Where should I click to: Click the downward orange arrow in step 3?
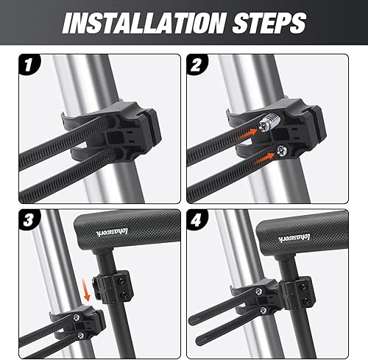pyautogui.click(x=90, y=294)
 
